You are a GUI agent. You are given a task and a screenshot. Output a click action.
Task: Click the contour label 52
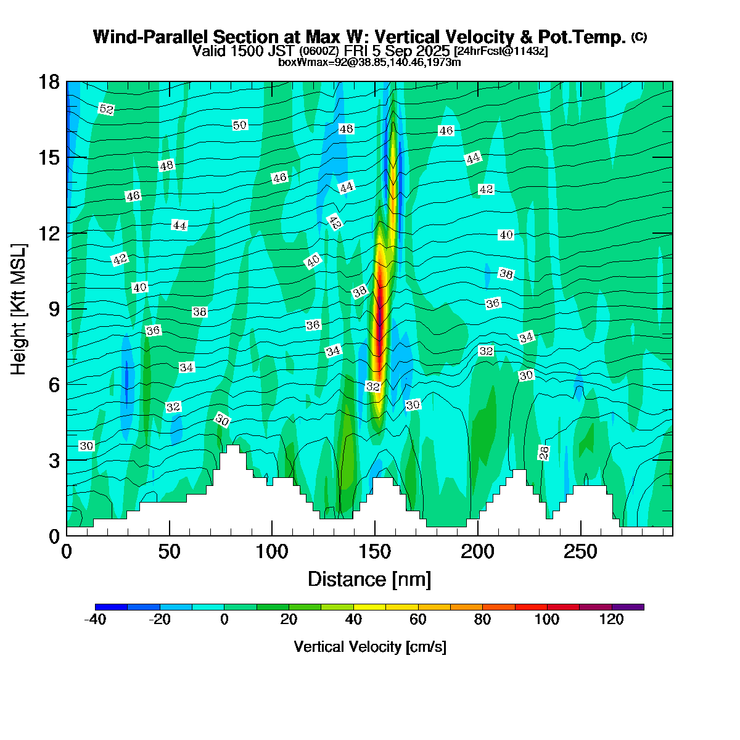106,109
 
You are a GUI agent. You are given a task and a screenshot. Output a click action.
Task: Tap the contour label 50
240,125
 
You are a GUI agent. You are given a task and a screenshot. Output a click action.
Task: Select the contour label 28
543,453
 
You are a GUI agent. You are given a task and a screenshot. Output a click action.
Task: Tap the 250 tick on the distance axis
580,551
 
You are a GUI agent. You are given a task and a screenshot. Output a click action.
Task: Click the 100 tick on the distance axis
272,551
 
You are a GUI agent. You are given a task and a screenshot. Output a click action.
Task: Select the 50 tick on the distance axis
170,551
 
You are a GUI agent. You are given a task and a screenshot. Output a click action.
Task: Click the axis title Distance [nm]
369,579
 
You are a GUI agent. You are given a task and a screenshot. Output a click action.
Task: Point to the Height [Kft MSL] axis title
19,308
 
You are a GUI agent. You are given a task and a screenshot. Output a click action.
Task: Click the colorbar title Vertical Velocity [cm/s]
370,647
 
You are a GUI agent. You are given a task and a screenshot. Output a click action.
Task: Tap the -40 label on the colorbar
96,620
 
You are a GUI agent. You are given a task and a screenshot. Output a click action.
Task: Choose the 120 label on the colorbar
612,620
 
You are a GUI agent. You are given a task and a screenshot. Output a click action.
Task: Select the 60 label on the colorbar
418,620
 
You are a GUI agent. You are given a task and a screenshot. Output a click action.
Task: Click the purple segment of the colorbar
628,607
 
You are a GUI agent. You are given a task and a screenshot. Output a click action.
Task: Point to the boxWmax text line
370,62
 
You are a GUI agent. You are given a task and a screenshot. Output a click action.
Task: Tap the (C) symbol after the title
639,37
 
